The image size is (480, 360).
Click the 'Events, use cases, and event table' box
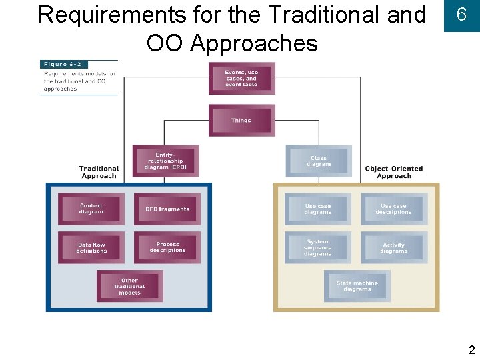tap(241, 79)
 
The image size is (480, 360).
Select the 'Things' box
tap(241, 121)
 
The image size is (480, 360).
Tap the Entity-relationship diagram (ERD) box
tap(165, 161)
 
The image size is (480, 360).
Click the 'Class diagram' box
tap(318, 161)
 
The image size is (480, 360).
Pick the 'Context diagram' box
tap(91, 209)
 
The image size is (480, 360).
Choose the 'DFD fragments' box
tap(167, 209)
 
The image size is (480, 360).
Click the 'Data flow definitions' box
tap(91, 248)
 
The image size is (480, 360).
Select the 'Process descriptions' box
tap(167, 247)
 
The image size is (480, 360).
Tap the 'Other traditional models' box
tap(129, 286)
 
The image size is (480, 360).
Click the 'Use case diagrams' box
tap(318, 209)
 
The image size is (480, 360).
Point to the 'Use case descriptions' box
tap(393, 209)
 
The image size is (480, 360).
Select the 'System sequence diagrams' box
tap(318, 248)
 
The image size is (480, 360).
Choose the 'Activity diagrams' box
tap(393, 248)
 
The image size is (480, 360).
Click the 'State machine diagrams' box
tap(357, 286)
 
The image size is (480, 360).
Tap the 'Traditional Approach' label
tap(99, 172)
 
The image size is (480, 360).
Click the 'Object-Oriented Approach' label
tap(394, 172)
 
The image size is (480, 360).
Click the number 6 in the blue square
tap(461, 15)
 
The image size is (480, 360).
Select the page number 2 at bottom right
tap(471, 350)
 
